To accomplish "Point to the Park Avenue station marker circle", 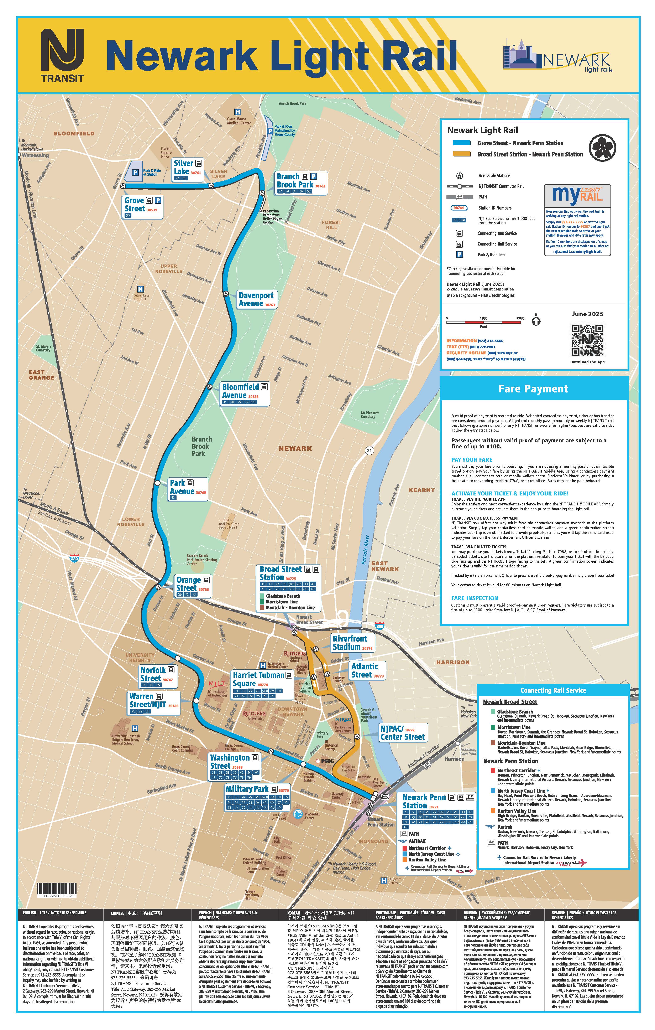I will pyautogui.click(x=157, y=483).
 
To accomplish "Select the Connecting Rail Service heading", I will pyautogui.click(x=553, y=690).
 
